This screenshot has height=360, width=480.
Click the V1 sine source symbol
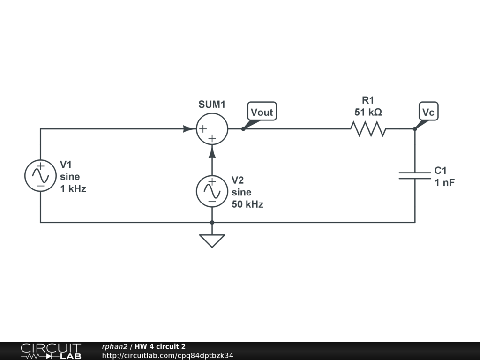[40, 176]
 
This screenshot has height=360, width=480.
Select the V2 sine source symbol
[212, 191]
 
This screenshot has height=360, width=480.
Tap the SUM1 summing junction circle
[212, 129]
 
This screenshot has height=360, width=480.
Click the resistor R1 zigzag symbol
[368, 129]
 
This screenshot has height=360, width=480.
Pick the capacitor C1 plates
[415, 176]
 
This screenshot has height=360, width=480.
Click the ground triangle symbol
[212, 241]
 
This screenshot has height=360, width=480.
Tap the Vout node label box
[262, 111]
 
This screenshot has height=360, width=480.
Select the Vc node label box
[428, 111]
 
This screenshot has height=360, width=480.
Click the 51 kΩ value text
[368, 112]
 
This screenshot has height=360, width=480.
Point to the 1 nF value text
[445, 183]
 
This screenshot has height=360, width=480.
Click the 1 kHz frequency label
[73, 189]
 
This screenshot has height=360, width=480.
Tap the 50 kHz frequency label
[247, 204]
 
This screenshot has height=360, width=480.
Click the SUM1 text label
[212, 105]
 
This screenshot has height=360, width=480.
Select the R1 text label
[368, 100]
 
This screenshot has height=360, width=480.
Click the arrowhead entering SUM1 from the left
[189, 129]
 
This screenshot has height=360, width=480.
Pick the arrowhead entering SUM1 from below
[212, 151]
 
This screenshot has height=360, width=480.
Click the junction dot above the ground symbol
[212, 223]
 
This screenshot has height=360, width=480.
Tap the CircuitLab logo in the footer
[51, 351]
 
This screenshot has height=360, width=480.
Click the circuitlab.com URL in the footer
[167, 355]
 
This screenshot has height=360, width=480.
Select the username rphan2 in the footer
[114, 347]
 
